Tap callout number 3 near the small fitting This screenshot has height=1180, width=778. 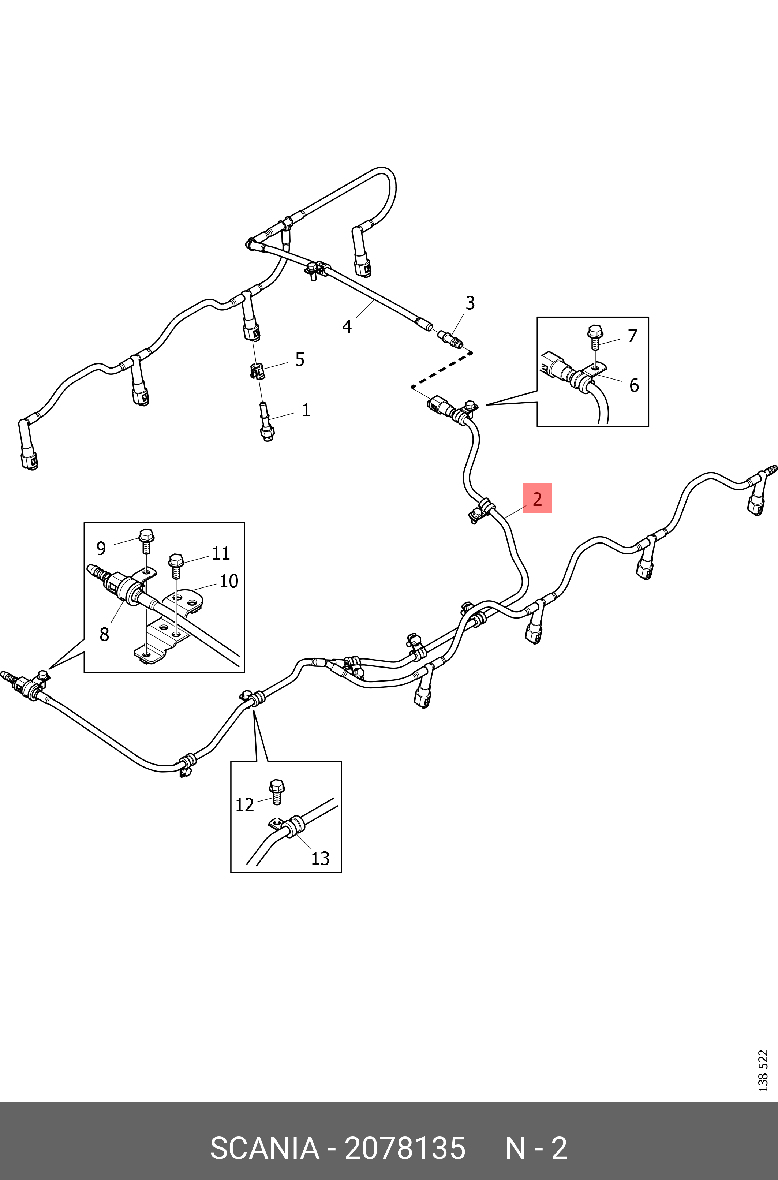[x=470, y=303]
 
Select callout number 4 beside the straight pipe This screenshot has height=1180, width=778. [x=347, y=327]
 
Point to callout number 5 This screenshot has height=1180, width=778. [x=300, y=359]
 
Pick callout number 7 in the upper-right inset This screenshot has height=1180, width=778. [x=632, y=336]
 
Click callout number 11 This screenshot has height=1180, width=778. [x=221, y=553]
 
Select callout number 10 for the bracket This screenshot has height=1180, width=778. [x=229, y=581]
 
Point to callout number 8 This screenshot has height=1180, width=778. [x=104, y=634]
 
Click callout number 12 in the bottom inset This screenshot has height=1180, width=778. [x=244, y=805]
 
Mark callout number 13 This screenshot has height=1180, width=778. [x=320, y=858]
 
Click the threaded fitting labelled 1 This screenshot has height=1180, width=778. [x=266, y=422]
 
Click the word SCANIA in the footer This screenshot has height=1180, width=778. [x=265, y=1148]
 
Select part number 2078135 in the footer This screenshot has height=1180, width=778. [x=405, y=1148]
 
